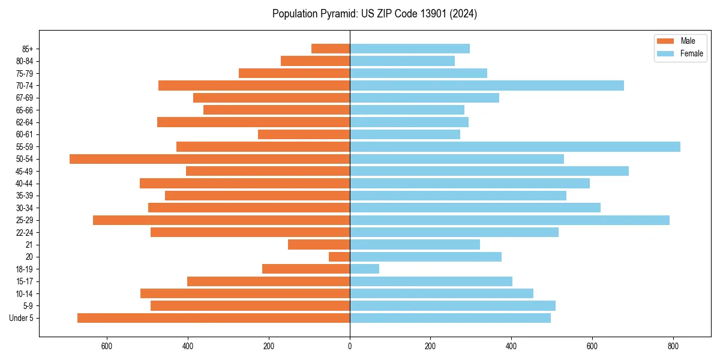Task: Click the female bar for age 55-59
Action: point(515,146)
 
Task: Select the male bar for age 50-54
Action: point(209,159)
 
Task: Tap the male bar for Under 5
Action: point(214,318)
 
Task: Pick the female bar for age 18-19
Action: point(364,269)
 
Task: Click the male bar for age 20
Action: point(339,257)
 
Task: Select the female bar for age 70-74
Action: point(487,85)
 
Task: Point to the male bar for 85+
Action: point(331,49)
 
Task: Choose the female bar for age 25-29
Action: point(509,220)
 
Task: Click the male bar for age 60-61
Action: point(304,134)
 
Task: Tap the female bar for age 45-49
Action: point(489,171)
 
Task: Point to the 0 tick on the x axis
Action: point(350,346)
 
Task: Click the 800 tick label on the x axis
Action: point(673,346)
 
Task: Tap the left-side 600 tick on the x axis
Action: point(107,346)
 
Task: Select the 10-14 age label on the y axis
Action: point(25,293)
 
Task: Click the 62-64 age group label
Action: point(25,122)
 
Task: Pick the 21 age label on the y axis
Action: point(29,245)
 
